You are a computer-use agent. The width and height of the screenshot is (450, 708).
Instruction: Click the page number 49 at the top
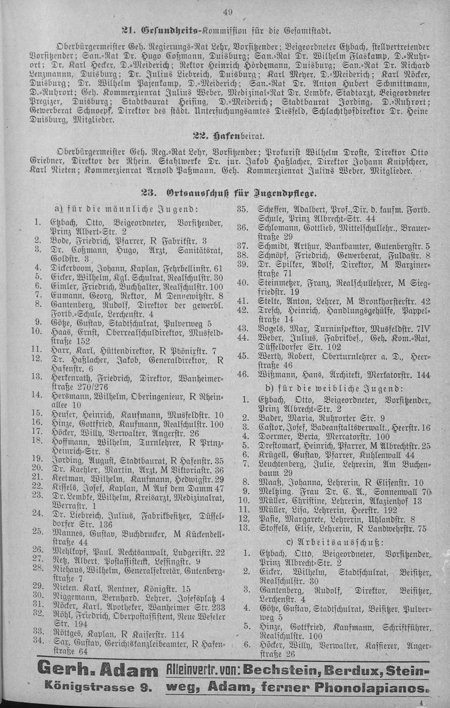pyautogui.click(x=227, y=12)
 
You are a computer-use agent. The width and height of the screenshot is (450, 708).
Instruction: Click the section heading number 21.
pyautogui.click(x=127, y=29)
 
